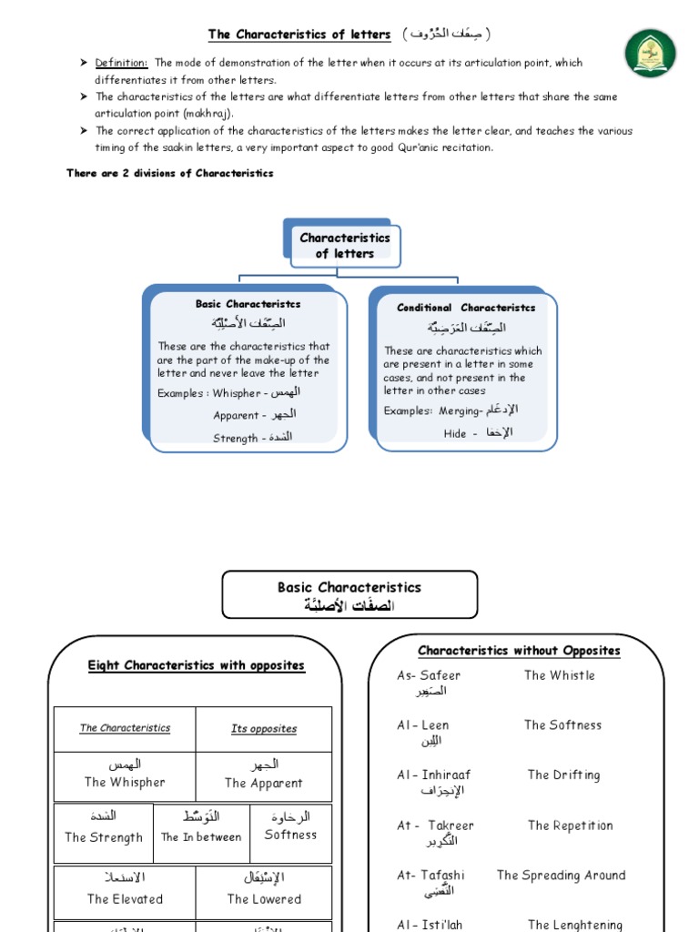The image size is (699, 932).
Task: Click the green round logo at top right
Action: tap(650, 53)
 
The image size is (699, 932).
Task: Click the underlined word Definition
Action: tap(121, 63)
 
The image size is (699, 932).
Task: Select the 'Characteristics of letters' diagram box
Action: tap(345, 246)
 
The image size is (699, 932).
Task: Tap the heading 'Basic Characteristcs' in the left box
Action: tap(248, 304)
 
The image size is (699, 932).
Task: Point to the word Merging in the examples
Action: tap(459, 410)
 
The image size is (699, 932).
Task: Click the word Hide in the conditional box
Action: tap(455, 434)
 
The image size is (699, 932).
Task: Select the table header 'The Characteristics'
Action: tap(125, 728)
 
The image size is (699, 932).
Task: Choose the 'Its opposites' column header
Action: tap(264, 729)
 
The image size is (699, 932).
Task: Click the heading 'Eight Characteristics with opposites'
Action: tap(196, 665)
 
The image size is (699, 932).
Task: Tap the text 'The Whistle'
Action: tap(559, 675)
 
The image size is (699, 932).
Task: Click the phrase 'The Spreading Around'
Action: tap(561, 876)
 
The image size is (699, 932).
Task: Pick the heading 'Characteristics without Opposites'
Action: tap(519, 651)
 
